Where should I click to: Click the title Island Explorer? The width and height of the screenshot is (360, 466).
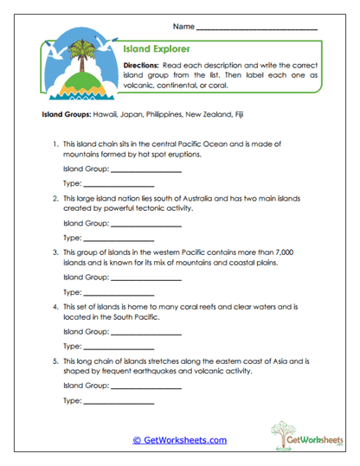coord(157,49)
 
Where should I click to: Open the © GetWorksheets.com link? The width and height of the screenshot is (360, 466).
coord(180,440)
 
